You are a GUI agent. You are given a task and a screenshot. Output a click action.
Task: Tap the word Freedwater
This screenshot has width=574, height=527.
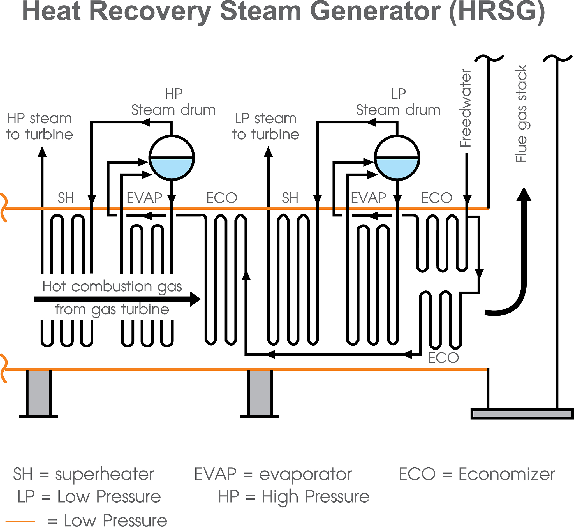click(466, 108)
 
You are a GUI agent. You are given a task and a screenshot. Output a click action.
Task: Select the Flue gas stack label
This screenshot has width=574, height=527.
click(521, 114)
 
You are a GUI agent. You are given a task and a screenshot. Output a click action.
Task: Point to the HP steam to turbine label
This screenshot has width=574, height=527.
click(40, 126)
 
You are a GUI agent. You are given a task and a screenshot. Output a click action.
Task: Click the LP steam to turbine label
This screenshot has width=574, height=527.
click(266, 126)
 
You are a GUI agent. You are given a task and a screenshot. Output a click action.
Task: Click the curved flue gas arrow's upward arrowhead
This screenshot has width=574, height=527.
click(524, 194)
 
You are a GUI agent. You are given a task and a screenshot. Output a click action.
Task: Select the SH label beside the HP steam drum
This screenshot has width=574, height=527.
click(66, 198)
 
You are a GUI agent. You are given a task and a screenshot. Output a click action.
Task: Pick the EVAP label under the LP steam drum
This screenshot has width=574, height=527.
click(369, 198)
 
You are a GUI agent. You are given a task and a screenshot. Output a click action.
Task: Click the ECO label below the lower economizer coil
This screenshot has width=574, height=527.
click(443, 358)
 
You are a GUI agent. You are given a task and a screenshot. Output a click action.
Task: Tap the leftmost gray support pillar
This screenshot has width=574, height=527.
click(39, 393)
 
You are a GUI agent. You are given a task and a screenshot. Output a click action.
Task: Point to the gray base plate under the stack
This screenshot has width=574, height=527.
click(522, 414)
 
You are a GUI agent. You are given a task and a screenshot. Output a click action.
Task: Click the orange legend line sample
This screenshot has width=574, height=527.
click(20, 521)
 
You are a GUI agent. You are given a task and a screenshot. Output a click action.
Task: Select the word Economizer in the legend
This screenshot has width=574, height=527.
click(507, 474)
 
